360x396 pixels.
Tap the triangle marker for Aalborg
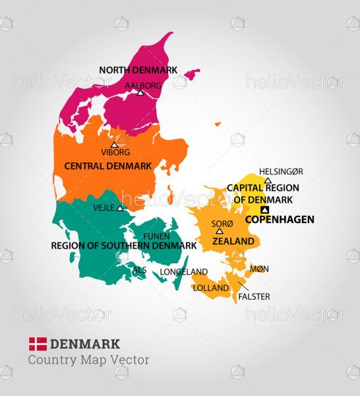coord(140,93)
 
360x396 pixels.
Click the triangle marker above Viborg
coord(114,145)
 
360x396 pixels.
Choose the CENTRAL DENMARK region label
coord(107,166)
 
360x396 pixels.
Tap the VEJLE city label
coord(104,207)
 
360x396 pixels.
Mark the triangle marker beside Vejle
coord(120,208)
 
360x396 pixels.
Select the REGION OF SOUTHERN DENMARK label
coord(124,246)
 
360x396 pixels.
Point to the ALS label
coord(139,270)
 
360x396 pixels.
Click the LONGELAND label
coord(184,272)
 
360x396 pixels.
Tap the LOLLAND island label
coord(211,288)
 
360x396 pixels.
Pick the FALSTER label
coord(254,296)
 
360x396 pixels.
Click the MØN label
coord(260,269)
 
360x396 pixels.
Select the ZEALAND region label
coord(233,242)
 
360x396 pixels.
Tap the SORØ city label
coord(222,224)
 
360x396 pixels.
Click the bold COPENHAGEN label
coord(280,219)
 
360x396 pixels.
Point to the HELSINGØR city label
coord(281,171)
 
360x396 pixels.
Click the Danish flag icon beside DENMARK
coord(38,343)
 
